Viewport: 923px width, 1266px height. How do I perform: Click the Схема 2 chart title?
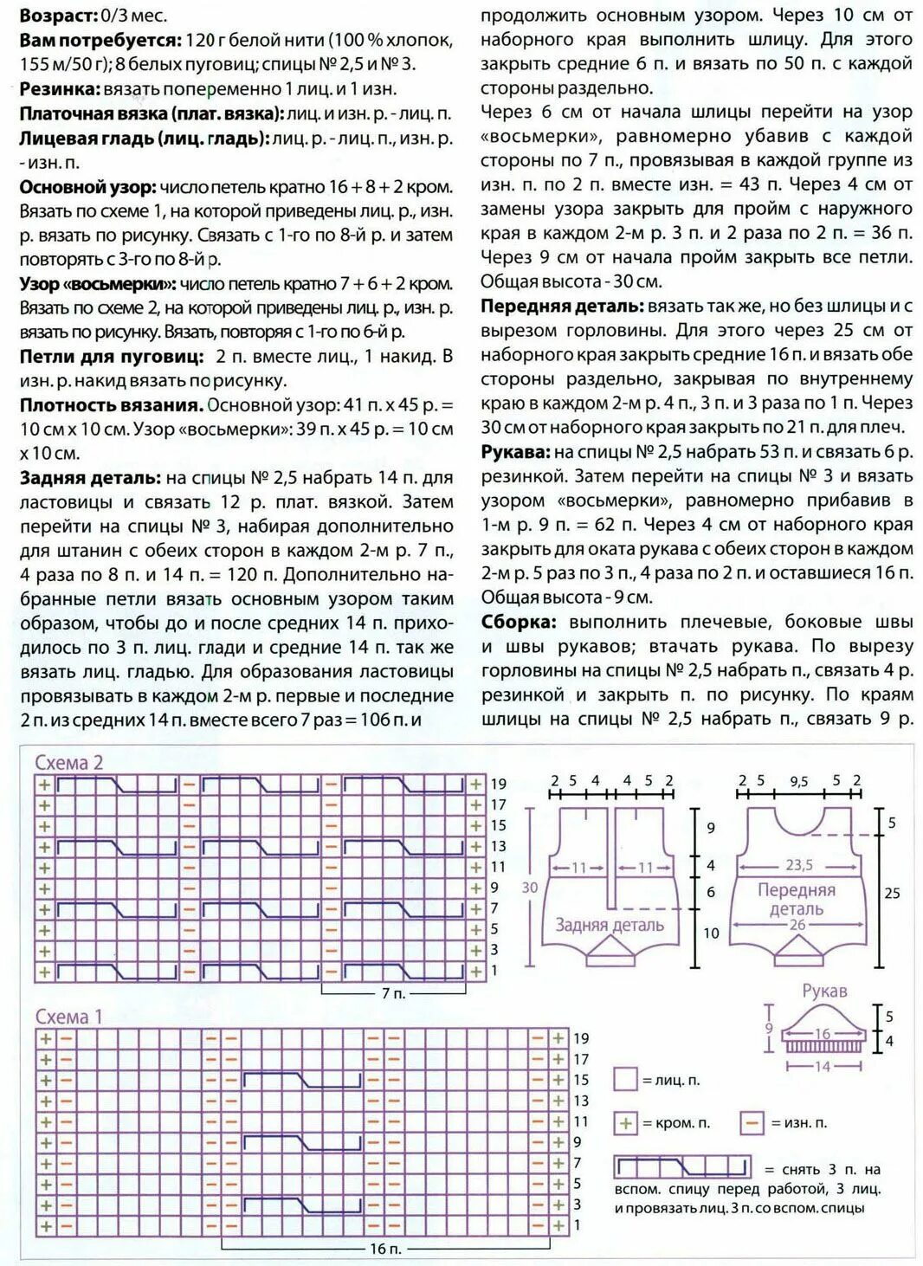[x=68, y=763]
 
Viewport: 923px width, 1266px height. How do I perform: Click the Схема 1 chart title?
[x=68, y=1017]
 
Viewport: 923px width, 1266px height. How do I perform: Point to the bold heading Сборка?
[x=518, y=622]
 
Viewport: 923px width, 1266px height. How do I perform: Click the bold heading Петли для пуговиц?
[x=112, y=357]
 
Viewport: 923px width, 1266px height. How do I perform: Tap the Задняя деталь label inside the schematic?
[x=609, y=925]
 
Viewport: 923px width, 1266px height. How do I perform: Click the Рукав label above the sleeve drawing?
[x=823, y=991]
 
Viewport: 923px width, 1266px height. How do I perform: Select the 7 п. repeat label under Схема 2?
[x=393, y=993]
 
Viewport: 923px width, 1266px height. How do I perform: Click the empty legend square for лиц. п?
[x=625, y=1079]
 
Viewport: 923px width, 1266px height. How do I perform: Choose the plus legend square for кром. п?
[x=625, y=1123]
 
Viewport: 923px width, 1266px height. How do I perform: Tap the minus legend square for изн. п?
[x=752, y=1123]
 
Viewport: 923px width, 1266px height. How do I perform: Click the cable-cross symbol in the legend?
[x=681, y=1166]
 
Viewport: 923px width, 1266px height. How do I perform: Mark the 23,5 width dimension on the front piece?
[x=798, y=865]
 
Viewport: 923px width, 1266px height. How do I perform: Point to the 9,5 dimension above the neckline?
[x=798, y=781]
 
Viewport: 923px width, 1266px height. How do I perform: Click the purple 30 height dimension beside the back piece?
[x=530, y=888]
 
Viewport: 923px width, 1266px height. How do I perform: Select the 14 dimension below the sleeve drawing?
[x=822, y=1067]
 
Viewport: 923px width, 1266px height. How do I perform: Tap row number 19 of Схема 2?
[x=499, y=784]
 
